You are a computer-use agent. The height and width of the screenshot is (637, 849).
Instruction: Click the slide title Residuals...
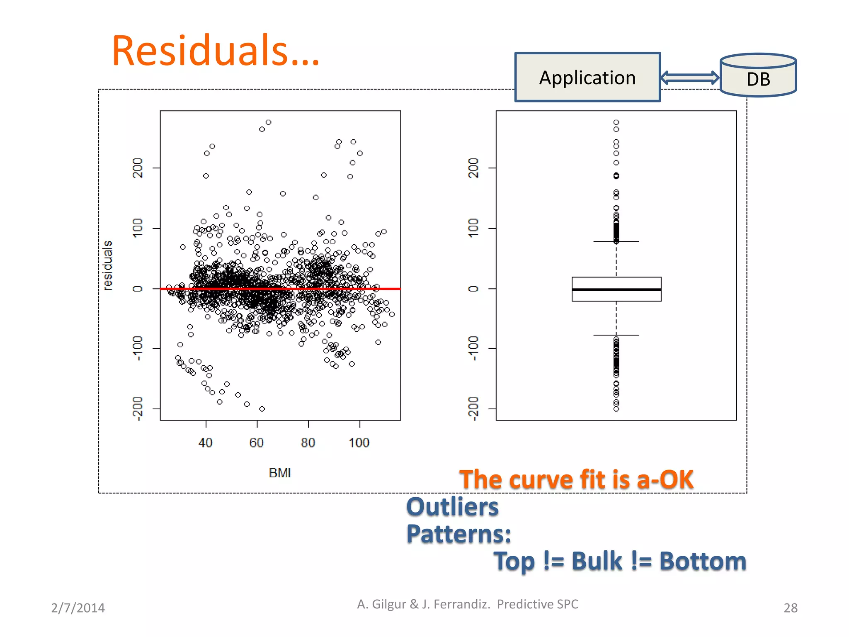pos(216,51)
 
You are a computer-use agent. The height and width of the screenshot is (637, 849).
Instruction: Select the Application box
pos(587,78)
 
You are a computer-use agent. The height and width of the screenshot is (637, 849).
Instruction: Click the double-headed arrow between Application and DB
pos(690,78)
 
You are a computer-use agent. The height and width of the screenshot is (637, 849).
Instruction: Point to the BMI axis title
pos(280,473)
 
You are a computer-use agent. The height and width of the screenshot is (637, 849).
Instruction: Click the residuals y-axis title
pos(108,265)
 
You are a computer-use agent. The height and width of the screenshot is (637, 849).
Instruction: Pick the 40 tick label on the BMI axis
pos(206,443)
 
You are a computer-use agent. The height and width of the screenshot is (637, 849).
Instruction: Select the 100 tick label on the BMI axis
pos(359,443)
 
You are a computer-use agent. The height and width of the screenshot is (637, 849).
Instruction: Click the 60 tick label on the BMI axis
pos(257,443)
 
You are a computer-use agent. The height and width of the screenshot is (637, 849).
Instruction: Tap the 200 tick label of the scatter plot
pos(138,168)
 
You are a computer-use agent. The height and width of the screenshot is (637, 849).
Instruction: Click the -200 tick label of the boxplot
pos(473,408)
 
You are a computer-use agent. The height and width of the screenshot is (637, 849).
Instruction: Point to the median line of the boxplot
pos(616,289)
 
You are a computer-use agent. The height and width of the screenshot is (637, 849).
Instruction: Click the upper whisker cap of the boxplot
pos(616,241)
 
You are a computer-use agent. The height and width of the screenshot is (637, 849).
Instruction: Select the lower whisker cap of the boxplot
pos(616,335)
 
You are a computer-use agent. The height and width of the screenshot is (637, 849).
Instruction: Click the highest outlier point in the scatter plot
pos(269,122)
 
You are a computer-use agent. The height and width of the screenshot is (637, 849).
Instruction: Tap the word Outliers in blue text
pos(452,507)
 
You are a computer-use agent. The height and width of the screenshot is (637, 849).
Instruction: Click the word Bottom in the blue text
pos(703,561)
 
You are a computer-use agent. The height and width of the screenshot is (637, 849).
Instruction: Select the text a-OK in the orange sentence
pos(665,479)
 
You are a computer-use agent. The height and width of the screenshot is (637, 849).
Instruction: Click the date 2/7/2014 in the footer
pos(78,608)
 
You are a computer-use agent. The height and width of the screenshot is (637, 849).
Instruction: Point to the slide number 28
pos(790,608)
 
